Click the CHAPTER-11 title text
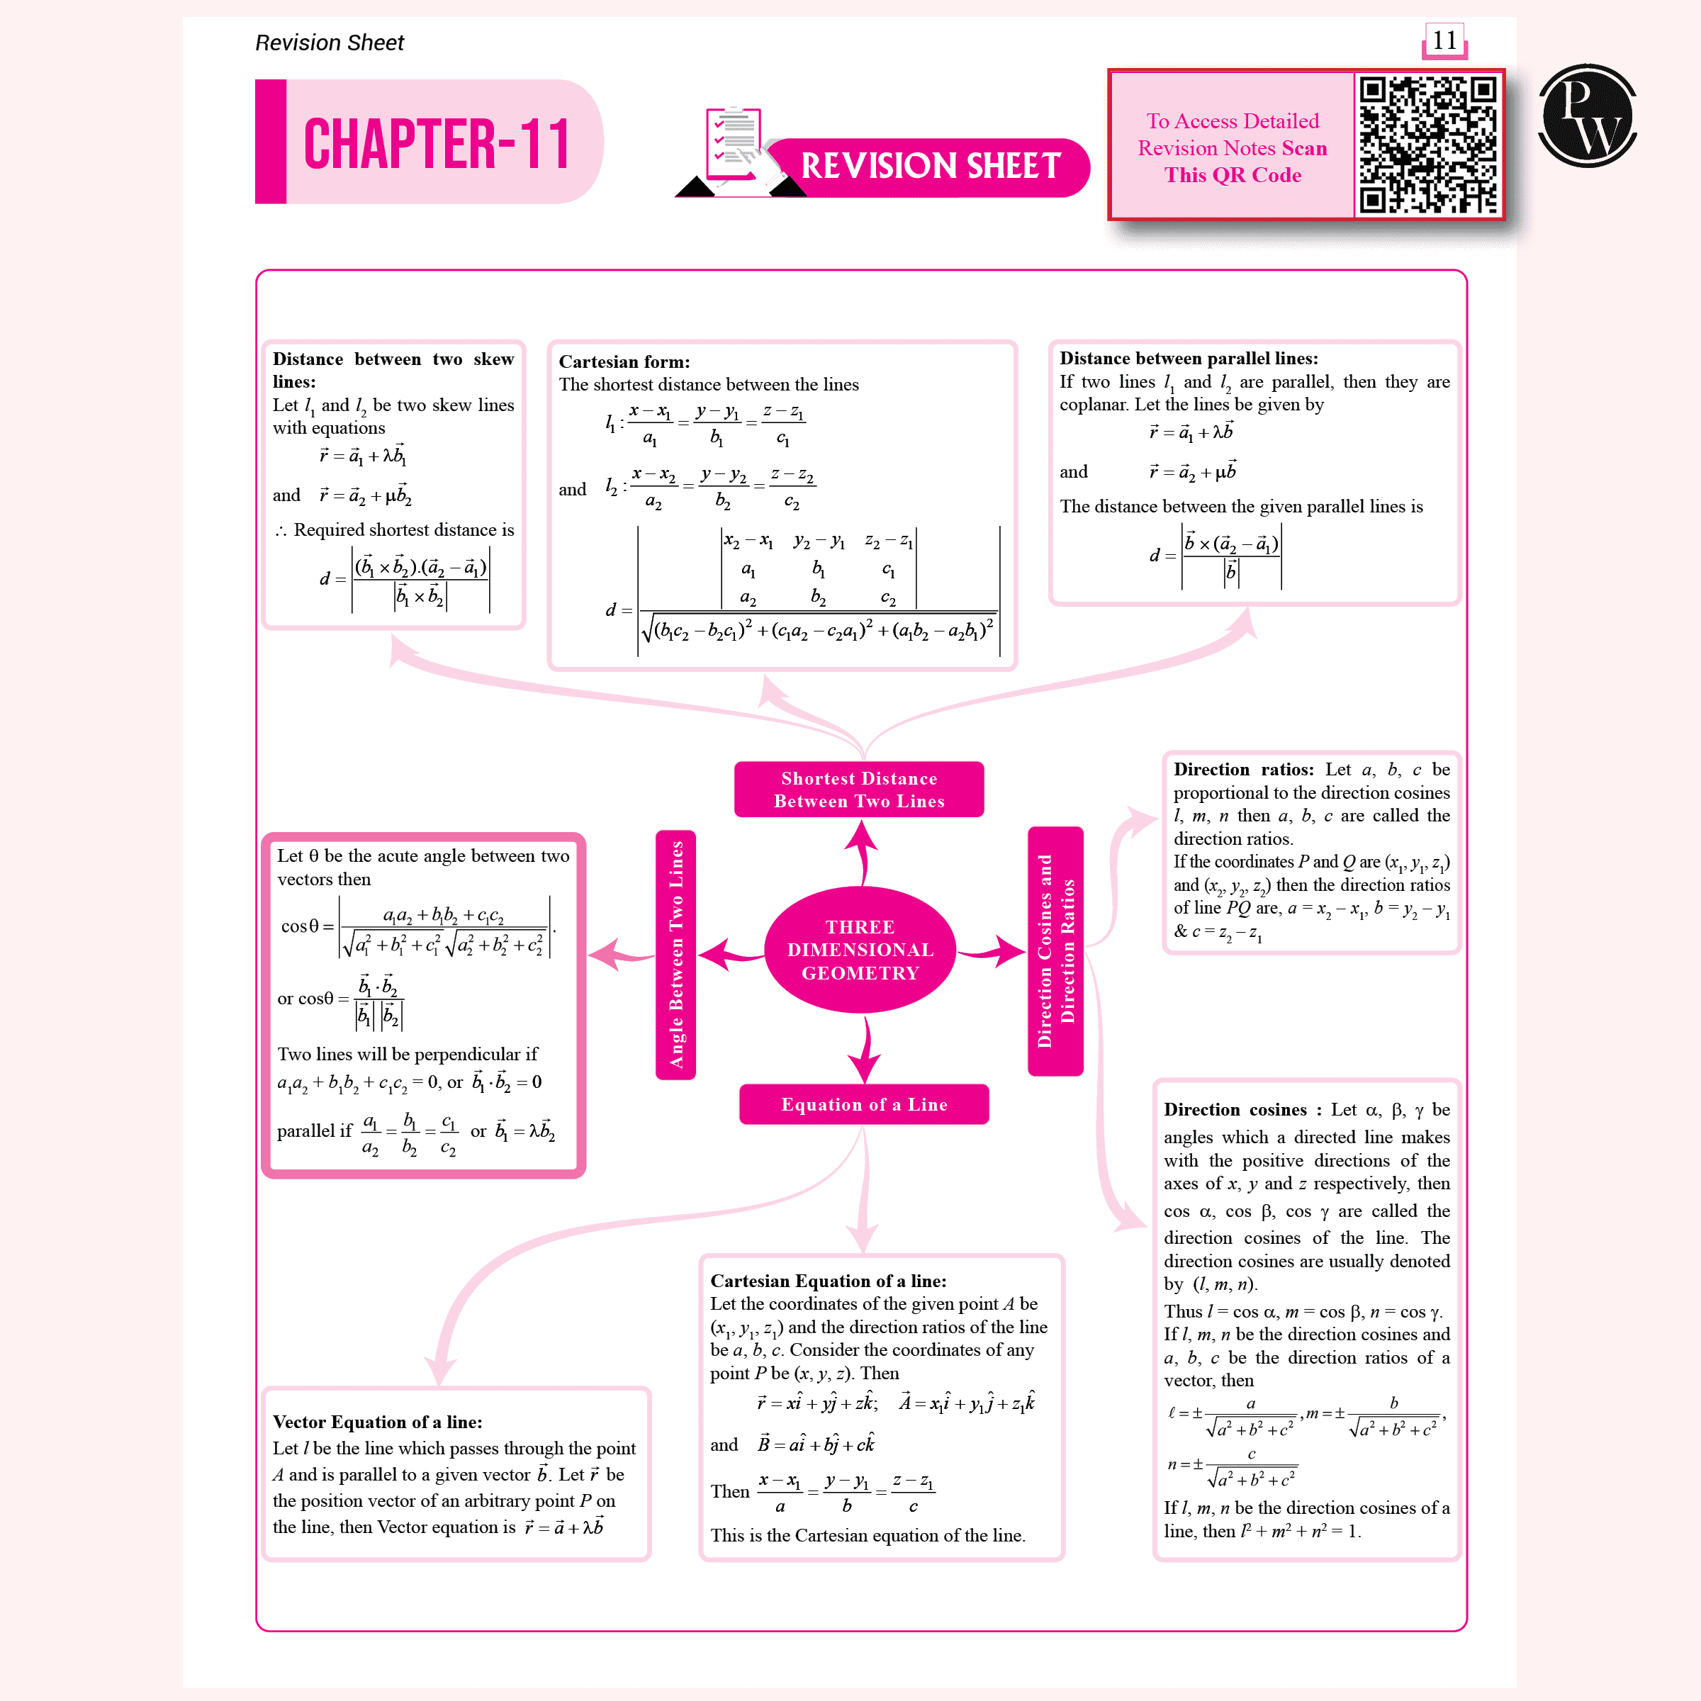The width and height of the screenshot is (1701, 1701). [x=437, y=143]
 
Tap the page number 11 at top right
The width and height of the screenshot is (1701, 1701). [x=1444, y=40]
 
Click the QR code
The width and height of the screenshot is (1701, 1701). [x=1427, y=145]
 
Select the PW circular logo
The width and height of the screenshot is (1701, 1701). [x=1587, y=116]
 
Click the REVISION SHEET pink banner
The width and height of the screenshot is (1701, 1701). [x=930, y=167]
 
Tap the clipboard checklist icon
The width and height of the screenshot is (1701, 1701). [x=734, y=143]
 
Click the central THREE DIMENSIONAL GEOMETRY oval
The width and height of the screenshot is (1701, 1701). [x=860, y=949]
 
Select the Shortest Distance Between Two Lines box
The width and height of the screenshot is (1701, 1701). [x=859, y=789]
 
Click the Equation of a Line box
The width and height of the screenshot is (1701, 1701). [x=864, y=1104]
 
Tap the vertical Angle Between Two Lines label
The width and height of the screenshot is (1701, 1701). [x=676, y=955]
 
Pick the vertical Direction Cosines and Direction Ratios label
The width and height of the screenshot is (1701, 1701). [x=1055, y=951]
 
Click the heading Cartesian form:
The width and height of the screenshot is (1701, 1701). [x=624, y=362]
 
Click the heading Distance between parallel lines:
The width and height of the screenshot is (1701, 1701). [x=1189, y=359]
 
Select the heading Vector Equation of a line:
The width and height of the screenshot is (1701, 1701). [x=377, y=1421]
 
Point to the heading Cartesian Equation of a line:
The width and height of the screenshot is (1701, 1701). [x=829, y=1280]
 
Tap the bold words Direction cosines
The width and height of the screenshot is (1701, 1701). [x=1235, y=1109]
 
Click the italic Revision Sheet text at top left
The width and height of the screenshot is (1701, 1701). [x=330, y=43]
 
